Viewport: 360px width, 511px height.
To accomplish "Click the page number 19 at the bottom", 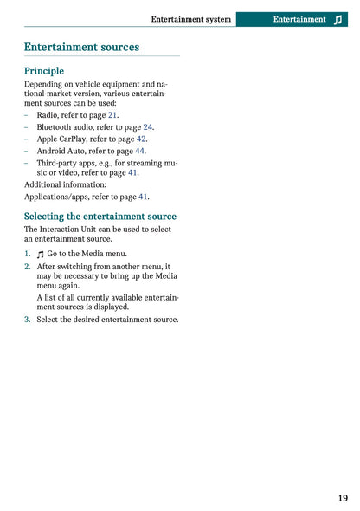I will coord(344,498).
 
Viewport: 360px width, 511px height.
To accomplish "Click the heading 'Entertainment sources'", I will coord(81,48).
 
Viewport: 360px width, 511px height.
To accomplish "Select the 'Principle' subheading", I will coord(44,71).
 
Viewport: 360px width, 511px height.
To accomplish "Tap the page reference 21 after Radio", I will coord(112,114).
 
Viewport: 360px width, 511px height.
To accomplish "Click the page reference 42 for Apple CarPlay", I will coord(141,139).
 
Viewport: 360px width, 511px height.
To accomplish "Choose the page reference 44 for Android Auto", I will coord(139,151).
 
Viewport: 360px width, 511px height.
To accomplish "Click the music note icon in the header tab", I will coord(337,19).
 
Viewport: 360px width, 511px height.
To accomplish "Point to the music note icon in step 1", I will coord(41,254).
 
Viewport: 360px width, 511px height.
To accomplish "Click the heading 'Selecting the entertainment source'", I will coord(100,217).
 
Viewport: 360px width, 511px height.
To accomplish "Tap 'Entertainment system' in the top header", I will coord(190,19).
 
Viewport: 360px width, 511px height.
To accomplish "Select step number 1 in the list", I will coord(27,254).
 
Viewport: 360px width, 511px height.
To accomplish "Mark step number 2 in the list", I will coord(27,267).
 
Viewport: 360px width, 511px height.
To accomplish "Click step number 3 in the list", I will coord(27,320).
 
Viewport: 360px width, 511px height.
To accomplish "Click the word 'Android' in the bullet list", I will coord(53,151).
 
